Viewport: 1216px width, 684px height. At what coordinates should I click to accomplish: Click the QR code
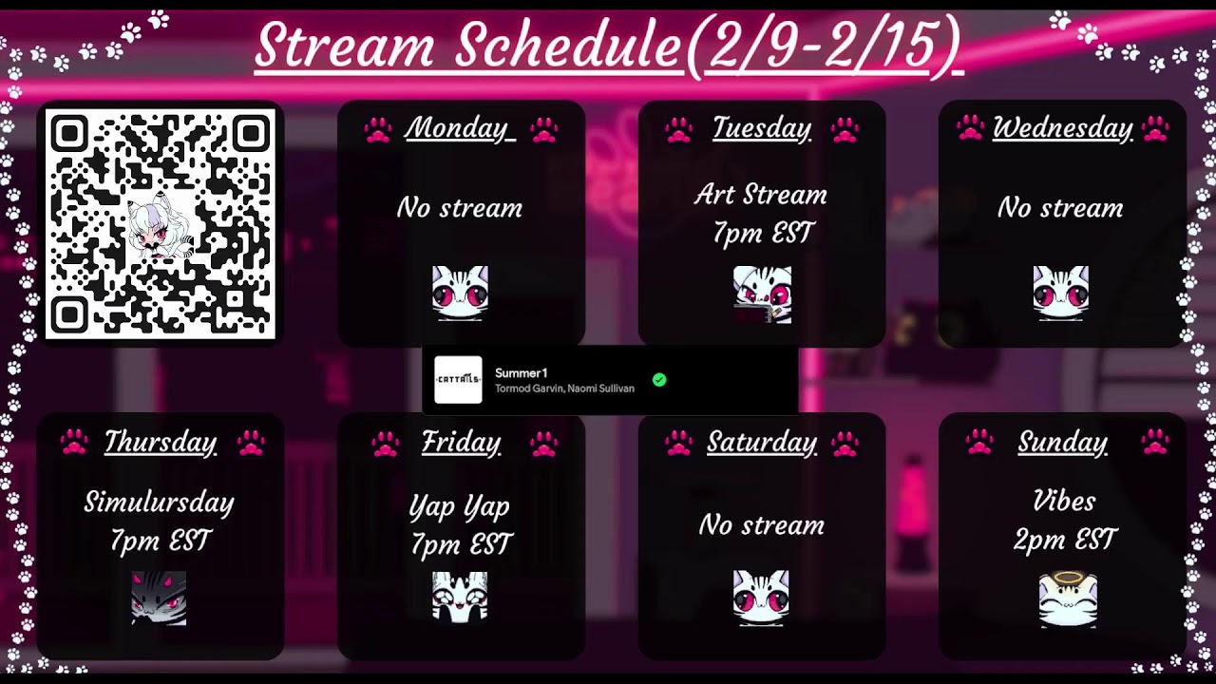pos(161,224)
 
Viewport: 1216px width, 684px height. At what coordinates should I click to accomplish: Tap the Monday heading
pos(460,128)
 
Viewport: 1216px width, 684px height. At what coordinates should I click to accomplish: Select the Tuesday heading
pos(761,128)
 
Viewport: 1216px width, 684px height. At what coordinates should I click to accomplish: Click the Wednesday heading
pos(1062,128)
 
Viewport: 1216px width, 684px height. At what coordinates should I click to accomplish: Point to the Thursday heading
pos(161,442)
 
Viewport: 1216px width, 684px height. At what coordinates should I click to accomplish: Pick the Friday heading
pos(461,443)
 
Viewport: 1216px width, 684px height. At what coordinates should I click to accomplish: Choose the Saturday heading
pos(761,443)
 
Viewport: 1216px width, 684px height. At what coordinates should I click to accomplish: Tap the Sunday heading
pos(1062,442)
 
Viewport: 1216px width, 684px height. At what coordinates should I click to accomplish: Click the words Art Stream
pos(761,195)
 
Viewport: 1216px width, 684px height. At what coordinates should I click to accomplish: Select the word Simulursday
pos(159,502)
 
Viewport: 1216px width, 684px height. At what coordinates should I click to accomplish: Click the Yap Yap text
pos(460,507)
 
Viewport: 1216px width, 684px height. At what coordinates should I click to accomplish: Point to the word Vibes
pos(1063,501)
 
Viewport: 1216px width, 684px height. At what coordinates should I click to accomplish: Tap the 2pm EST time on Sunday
pos(1063,541)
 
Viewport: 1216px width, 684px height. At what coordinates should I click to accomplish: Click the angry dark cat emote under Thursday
pos(159,598)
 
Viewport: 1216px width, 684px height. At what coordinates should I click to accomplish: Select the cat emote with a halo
pos(1068,598)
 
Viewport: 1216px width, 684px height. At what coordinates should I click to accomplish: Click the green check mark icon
pos(659,380)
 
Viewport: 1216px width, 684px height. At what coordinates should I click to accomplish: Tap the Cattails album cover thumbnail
pos(458,380)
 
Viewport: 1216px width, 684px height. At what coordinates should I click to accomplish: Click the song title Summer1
pos(521,373)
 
